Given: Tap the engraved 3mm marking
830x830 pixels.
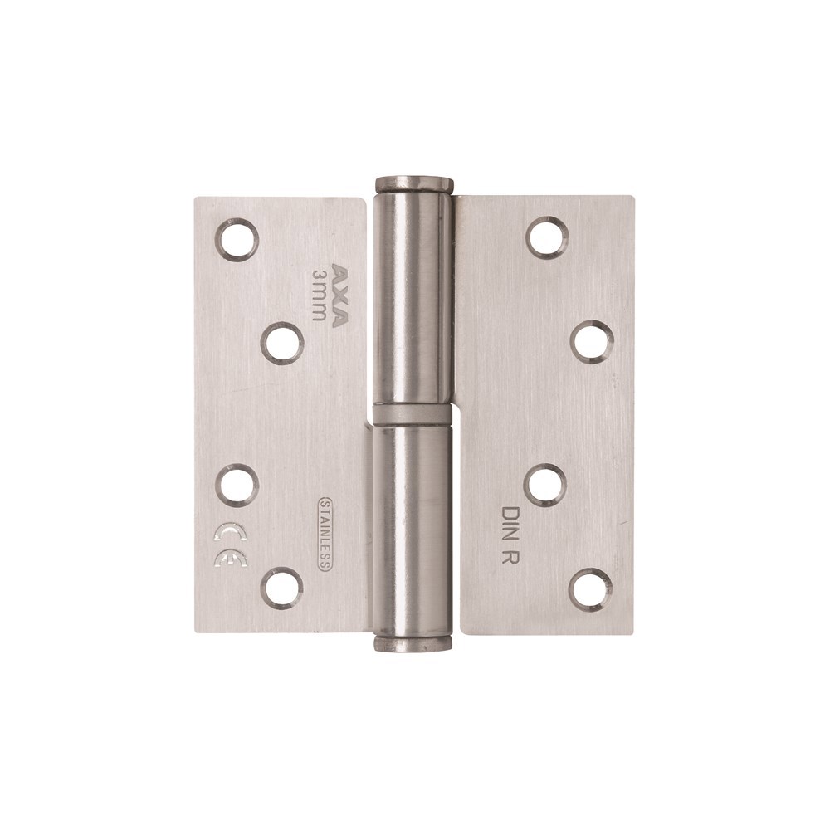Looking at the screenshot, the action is (x=320, y=295).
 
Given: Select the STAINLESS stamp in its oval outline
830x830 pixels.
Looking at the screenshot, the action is (x=325, y=534).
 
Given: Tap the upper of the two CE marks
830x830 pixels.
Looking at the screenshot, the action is (x=230, y=530).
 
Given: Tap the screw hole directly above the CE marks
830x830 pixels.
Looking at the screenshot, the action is (x=237, y=485).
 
